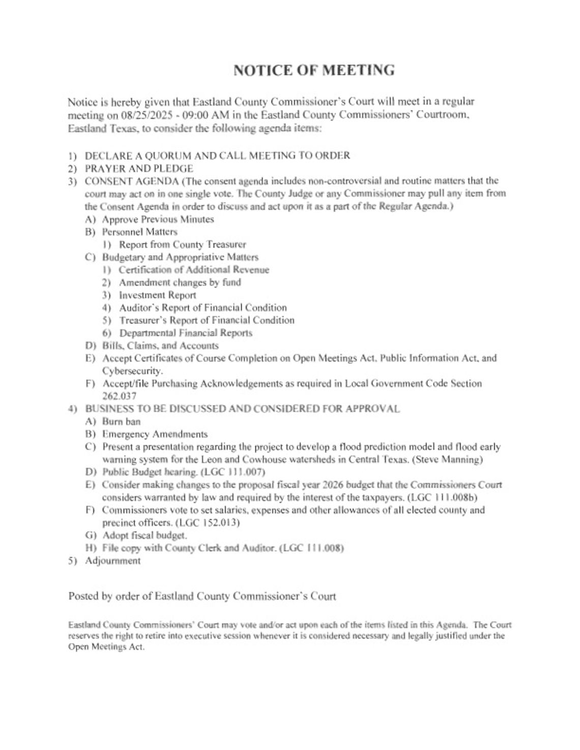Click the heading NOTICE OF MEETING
pos(313,70)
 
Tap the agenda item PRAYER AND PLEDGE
pos(138,169)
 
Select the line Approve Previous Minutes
pos(158,219)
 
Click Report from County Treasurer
pos(182,244)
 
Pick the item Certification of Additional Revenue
pos(194,270)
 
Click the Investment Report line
pos(157,295)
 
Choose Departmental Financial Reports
pos(186,333)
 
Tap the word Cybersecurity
pos(132,371)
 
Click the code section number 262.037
pos(119,396)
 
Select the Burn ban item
pos(121,422)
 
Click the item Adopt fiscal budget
pos(144,535)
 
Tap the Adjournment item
pos(112,561)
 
